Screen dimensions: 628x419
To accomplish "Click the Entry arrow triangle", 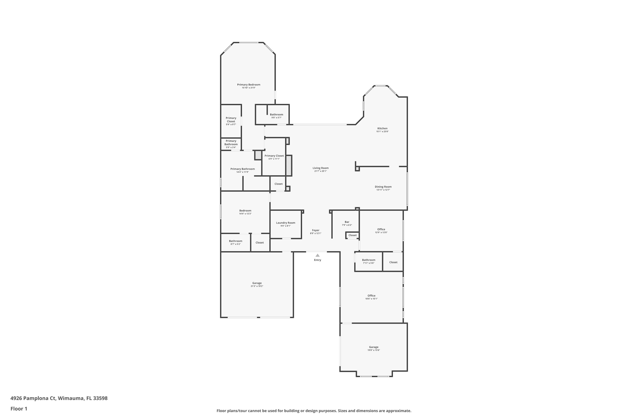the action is tap(318, 255).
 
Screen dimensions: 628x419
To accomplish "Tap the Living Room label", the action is tap(320, 168).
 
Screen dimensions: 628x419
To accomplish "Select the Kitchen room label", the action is tap(382, 128).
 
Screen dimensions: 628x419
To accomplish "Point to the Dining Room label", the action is tap(383, 187).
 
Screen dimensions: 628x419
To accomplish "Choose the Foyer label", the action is tap(316, 230).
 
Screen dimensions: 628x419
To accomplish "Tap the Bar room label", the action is tap(347, 222).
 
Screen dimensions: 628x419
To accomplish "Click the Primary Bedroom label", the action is tap(249, 85).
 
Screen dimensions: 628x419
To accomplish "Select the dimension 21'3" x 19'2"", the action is tap(257, 286).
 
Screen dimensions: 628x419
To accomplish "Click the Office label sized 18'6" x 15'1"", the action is tap(371, 296).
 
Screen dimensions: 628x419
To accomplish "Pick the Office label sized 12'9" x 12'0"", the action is tap(381, 229).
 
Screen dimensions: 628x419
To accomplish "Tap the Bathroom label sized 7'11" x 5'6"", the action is tap(368, 260).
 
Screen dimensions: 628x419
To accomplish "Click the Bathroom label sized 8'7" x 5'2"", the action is tap(235, 241).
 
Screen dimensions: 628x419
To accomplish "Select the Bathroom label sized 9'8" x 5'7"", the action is tap(276, 114).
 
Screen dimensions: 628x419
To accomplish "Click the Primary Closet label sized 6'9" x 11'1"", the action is tap(274, 156).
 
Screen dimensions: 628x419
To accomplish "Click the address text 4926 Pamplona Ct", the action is tap(33, 398).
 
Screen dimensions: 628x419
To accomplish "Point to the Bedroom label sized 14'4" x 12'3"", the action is tap(245, 211).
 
